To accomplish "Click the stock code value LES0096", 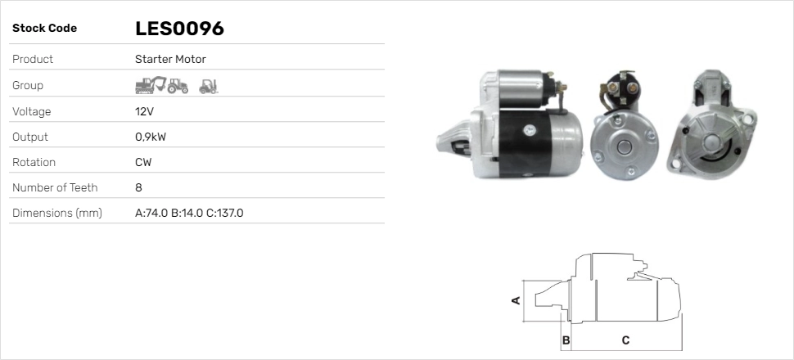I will [179, 29].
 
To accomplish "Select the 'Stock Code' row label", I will [44, 29].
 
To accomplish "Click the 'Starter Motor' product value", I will [170, 60].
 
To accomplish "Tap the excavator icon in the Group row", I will [151, 85].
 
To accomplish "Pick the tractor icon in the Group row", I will [178, 85].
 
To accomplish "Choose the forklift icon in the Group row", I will [209, 85].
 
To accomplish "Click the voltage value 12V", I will [144, 111].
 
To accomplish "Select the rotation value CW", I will [143, 162].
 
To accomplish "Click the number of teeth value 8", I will [138, 187].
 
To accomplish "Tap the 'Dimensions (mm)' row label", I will [56, 214].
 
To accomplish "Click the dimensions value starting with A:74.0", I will [189, 214].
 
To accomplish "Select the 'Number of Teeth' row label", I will [55, 187].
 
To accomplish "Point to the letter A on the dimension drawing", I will [516, 300].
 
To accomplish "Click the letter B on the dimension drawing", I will [566, 340].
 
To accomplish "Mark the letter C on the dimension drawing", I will [625, 340].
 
